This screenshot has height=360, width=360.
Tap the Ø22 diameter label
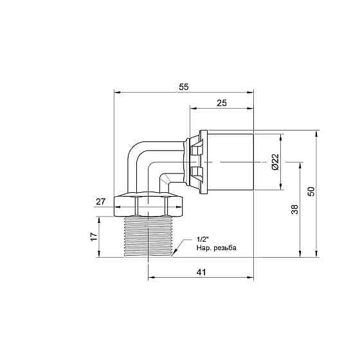pos(274,162)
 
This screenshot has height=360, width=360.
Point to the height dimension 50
pos(311,192)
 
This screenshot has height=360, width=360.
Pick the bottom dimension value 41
pos(201,273)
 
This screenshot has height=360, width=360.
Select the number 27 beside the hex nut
pos(100,202)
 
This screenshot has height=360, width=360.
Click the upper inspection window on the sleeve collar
pos(196,149)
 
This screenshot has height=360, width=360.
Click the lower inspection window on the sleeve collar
pos(196,172)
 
